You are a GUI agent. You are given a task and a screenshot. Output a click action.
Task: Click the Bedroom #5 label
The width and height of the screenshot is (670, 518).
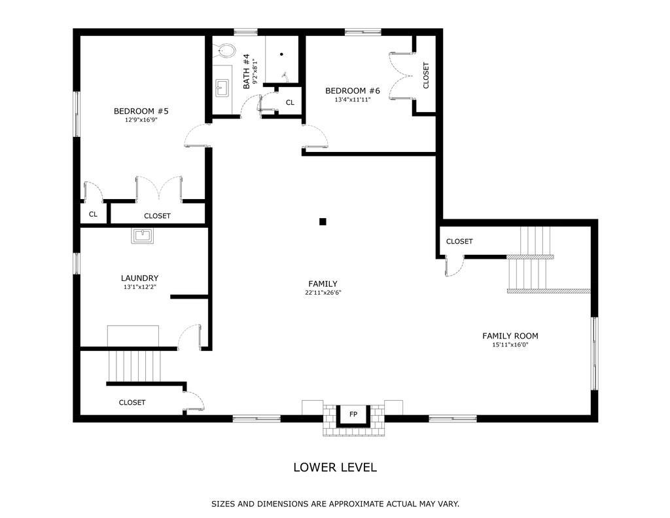[141, 111]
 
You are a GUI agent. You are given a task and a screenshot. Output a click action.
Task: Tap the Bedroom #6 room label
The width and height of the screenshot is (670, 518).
[353, 90]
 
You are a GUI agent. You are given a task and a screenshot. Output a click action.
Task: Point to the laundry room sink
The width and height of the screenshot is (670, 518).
[142, 236]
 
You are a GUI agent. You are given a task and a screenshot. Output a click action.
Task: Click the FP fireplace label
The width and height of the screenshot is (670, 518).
[353, 415]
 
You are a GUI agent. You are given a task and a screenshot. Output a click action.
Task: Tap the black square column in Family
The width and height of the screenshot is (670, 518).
[323, 221]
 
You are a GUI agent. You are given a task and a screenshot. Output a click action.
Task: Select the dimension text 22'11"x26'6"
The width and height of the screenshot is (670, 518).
[323, 293]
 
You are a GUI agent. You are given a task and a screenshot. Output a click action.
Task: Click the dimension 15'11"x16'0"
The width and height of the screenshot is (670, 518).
[510, 344]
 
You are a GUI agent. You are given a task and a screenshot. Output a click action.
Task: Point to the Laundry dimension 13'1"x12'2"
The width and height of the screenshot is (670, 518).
[140, 287]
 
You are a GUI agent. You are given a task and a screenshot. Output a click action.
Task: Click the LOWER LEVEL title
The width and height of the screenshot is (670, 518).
[335, 467]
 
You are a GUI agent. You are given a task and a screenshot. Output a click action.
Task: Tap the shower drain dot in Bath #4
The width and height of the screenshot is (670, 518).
[281, 54]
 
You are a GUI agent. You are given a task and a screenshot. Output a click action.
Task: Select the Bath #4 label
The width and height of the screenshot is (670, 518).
[246, 71]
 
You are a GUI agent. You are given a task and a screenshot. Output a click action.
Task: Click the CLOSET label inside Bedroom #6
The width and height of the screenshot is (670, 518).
[425, 76]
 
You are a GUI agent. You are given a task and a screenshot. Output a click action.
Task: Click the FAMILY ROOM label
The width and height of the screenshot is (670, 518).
[510, 336]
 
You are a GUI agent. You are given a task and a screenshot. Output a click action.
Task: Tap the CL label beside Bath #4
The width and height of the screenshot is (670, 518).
[290, 103]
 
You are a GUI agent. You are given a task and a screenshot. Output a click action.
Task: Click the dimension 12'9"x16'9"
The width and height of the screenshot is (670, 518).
[141, 120]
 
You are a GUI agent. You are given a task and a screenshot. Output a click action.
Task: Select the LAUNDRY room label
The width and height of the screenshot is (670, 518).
[140, 278]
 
